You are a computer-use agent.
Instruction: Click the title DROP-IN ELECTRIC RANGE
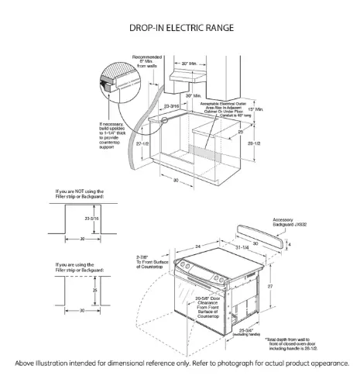click(180, 27)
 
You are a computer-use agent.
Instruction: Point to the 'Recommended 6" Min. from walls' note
click(147, 62)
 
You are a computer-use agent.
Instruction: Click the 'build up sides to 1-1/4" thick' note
click(115, 135)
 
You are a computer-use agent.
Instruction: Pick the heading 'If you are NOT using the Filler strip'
click(79, 193)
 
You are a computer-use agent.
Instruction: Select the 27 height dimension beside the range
click(291, 287)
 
